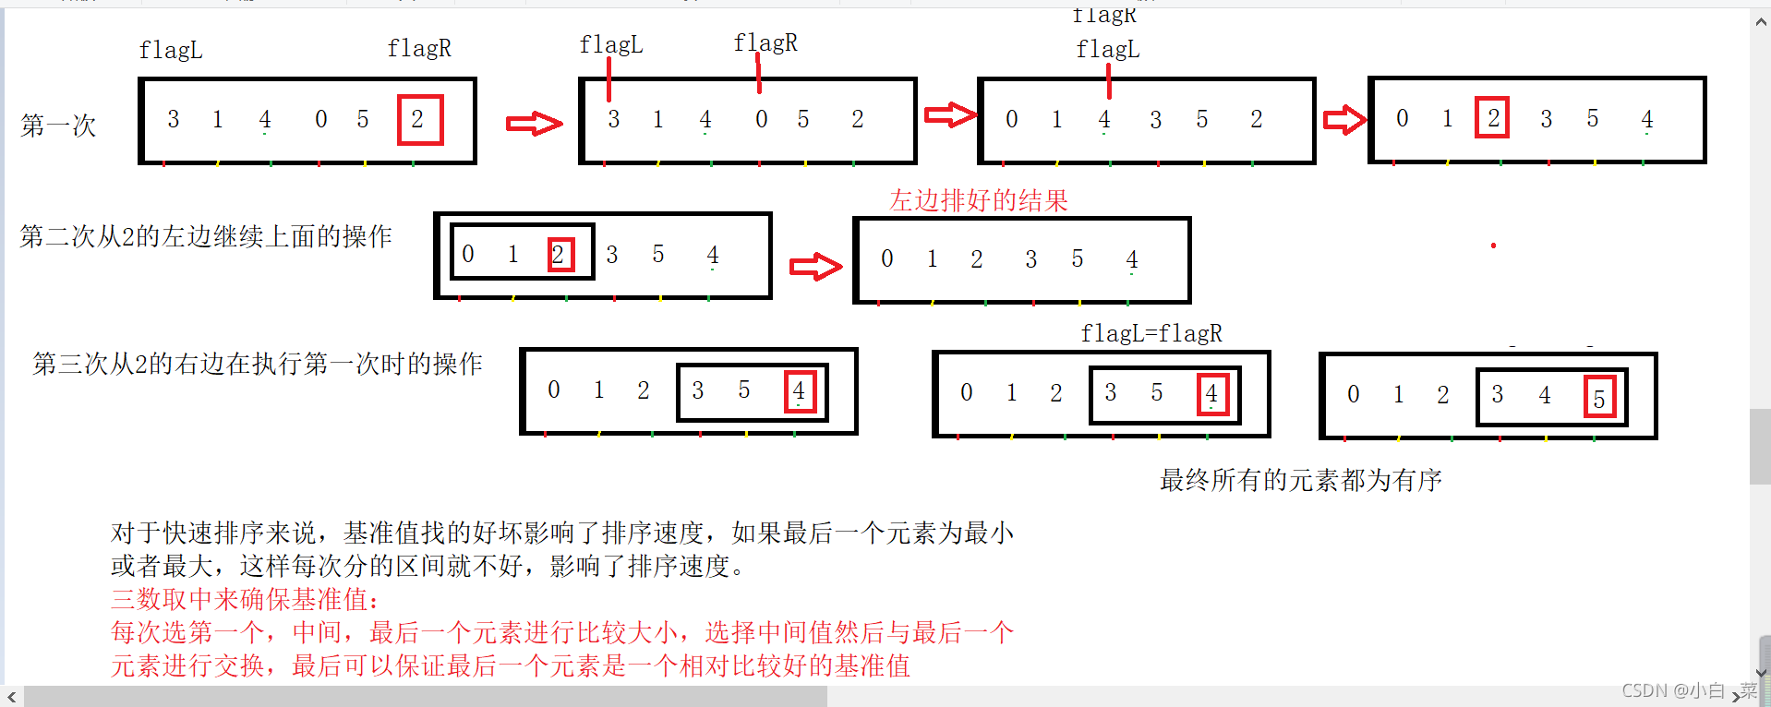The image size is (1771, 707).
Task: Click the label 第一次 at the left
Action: pyautogui.click(x=58, y=126)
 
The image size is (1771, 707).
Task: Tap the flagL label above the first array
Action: pyautogui.click(x=171, y=50)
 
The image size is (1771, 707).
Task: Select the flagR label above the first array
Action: pyautogui.click(x=419, y=48)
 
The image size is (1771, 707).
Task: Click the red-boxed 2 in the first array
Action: pyautogui.click(x=419, y=119)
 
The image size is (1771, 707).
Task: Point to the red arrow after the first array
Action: pyautogui.click(x=534, y=123)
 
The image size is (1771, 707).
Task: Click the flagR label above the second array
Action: pyautogui.click(x=765, y=42)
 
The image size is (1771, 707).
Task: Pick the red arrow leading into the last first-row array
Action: pyautogui.click(x=1343, y=119)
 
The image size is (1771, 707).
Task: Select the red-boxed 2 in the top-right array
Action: pyautogui.click(x=1492, y=118)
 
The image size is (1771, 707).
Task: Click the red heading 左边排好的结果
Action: pyautogui.click(x=979, y=200)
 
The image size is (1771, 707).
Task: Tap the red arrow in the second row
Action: pyautogui.click(x=815, y=267)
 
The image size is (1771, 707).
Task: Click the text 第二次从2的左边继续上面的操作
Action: pyautogui.click(x=206, y=236)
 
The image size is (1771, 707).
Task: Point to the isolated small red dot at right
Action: pyautogui.click(x=1493, y=246)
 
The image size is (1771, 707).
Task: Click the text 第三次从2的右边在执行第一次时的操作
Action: pyautogui.click(x=258, y=364)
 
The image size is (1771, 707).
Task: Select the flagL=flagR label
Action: pyautogui.click(x=1151, y=333)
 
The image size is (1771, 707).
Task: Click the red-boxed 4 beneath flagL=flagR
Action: pyautogui.click(x=1211, y=394)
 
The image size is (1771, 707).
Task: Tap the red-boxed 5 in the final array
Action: pyautogui.click(x=1599, y=398)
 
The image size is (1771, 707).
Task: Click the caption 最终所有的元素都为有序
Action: pyautogui.click(x=1300, y=480)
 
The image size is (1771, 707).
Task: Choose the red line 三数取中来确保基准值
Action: pyautogui.click(x=245, y=600)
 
